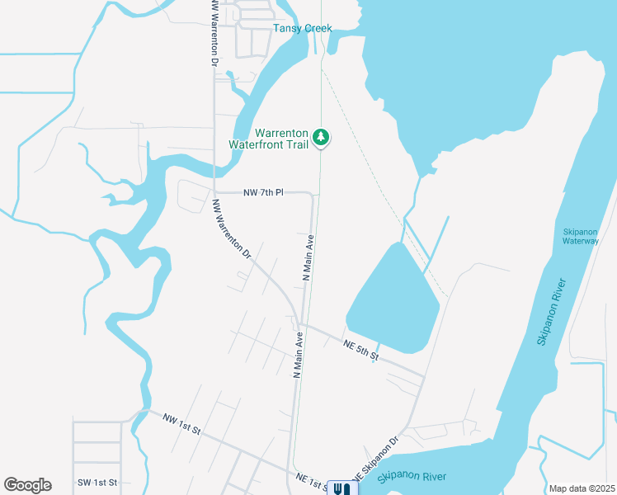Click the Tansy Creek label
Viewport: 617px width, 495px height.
coord(303,29)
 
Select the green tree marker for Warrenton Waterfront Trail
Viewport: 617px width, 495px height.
coord(323,138)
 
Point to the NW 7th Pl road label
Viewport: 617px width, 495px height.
coord(263,192)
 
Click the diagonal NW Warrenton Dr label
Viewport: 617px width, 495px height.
coord(231,230)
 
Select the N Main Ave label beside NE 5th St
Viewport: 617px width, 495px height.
coord(299,356)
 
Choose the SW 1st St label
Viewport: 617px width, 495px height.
coord(97,482)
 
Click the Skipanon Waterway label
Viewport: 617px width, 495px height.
coord(580,236)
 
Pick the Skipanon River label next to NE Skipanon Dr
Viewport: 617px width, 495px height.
coord(412,477)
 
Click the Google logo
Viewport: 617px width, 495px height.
coord(27,485)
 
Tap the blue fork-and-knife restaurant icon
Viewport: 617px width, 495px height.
coord(341,488)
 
